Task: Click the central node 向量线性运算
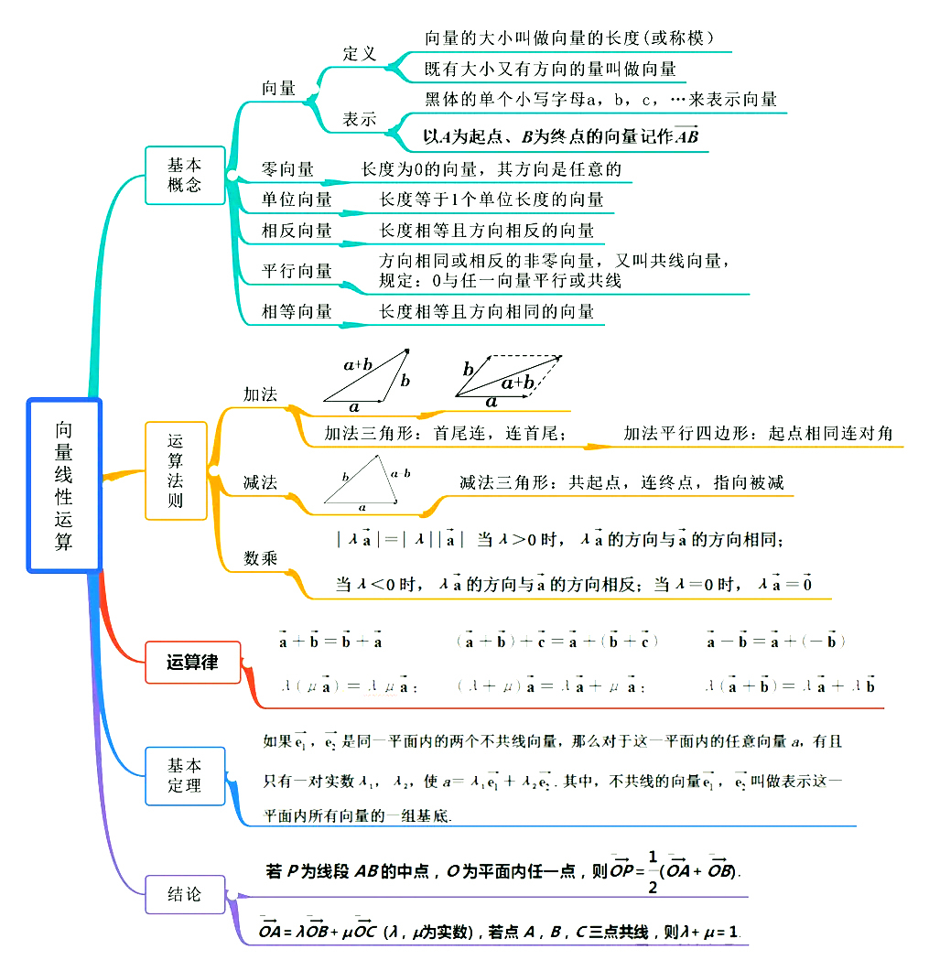(x=63, y=485)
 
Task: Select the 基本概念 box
(x=185, y=175)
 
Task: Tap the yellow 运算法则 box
(x=176, y=470)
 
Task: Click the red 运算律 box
(x=193, y=663)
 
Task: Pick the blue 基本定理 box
(x=185, y=775)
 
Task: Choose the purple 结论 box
(x=185, y=894)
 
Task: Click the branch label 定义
(x=360, y=54)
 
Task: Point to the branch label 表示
(x=360, y=120)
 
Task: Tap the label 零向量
(x=287, y=169)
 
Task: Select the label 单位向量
(x=297, y=200)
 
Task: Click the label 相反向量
(x=297, y=231)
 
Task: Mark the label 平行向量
(x=297, y=271)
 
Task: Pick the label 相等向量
(x=297, y=312)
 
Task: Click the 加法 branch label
(x=260, y=394)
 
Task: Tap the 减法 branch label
(x=260, y=482)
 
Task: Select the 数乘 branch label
(x=260, y=558)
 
